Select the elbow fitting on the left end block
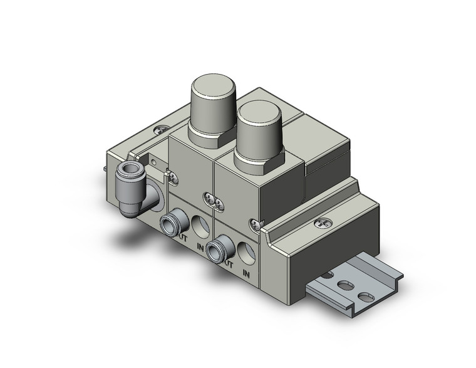tap(133, 184)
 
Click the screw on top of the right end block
tap(324, 221)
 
